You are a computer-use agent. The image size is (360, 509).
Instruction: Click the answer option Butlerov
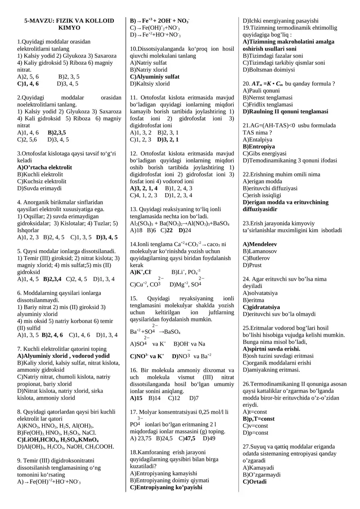pyautogui.click(x=256, y=258)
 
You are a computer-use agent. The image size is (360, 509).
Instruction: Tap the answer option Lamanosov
pyautogui.click(x=260, y=251)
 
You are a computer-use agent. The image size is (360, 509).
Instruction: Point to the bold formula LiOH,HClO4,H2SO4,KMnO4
pyautogui.click(x=58, y=440)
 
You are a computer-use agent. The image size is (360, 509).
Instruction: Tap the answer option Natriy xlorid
pyautogui.click(x=148, y=70)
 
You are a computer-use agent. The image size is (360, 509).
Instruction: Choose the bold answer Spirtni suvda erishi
pyautogui.click(x=271, y=348)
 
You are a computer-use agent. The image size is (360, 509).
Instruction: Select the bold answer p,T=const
pyautogui.click(x=258, y=419)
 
